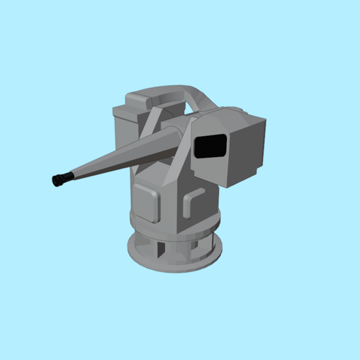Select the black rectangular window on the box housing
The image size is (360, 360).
212,147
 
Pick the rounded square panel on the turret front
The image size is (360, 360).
147,202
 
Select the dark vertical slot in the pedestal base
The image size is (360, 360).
161,248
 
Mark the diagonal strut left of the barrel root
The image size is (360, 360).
151,126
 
